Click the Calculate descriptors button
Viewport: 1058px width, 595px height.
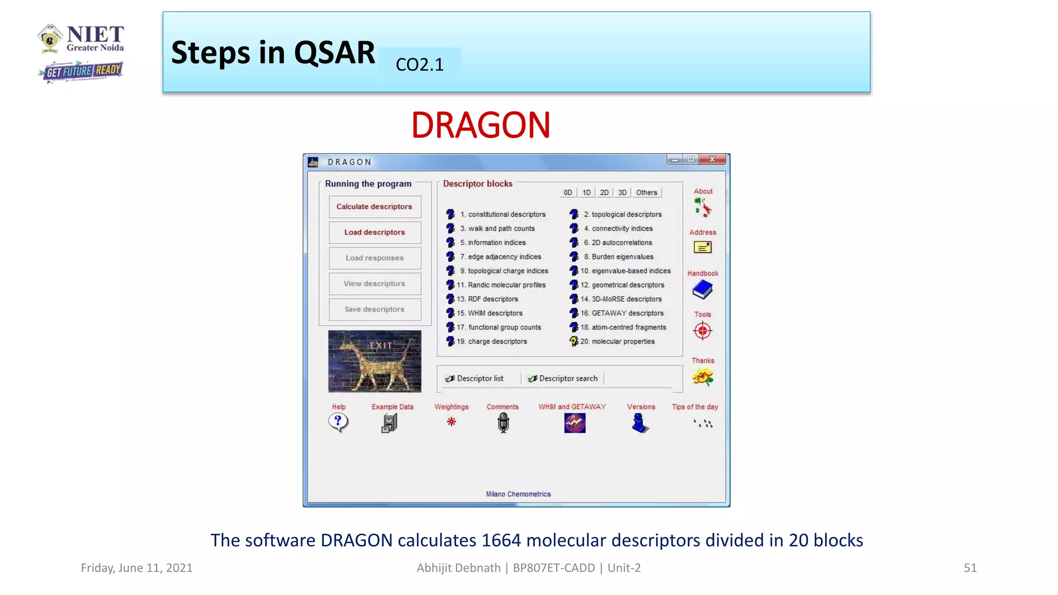point(375,207)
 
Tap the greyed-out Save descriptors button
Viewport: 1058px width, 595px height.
point(375,309)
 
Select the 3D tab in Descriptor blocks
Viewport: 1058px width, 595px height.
point(623,193)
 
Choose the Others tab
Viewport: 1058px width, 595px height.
point(646,193)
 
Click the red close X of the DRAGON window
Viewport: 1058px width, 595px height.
point(712,160)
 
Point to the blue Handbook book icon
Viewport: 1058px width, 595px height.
point(703,290)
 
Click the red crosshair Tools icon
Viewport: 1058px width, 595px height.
point(703,331)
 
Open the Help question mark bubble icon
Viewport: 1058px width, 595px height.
point(338,422)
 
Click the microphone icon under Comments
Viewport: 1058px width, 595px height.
point(503,423)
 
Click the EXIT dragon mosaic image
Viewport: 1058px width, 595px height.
point(375,361)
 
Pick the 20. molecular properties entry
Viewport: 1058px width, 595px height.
point(617,341)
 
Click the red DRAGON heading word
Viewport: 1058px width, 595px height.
point(480,126)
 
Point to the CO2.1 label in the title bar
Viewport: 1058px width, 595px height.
point(419,65)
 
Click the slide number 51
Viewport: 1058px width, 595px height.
point(970,568)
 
